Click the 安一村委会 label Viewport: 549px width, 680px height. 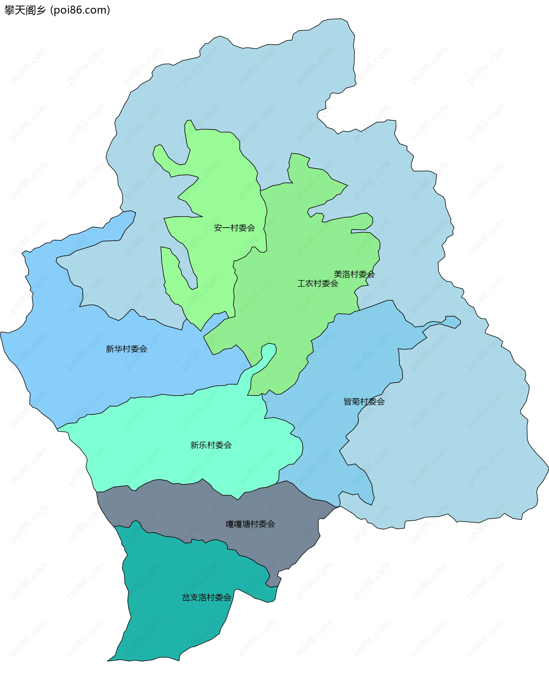coord(234,228)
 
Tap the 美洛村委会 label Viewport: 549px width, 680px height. coord(354,274)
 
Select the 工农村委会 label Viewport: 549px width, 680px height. coord(317,283)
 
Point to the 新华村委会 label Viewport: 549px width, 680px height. coord(126,349)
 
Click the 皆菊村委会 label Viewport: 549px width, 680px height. coord(364,402)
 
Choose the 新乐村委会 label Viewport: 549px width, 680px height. coord(211,445)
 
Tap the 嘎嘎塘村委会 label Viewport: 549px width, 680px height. coord(250,524)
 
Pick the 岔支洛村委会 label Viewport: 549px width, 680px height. coord(206,597)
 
